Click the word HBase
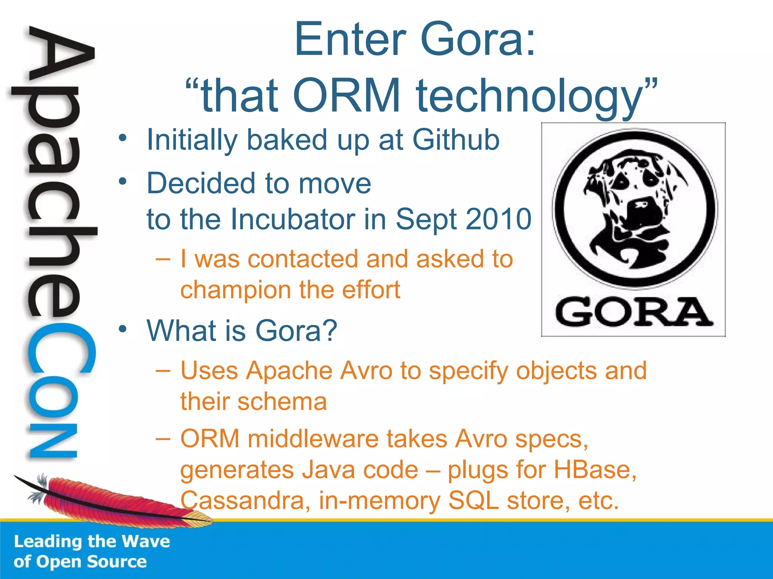point(594,470)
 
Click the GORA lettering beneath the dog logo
point(634,312)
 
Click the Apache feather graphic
point(113,498)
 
